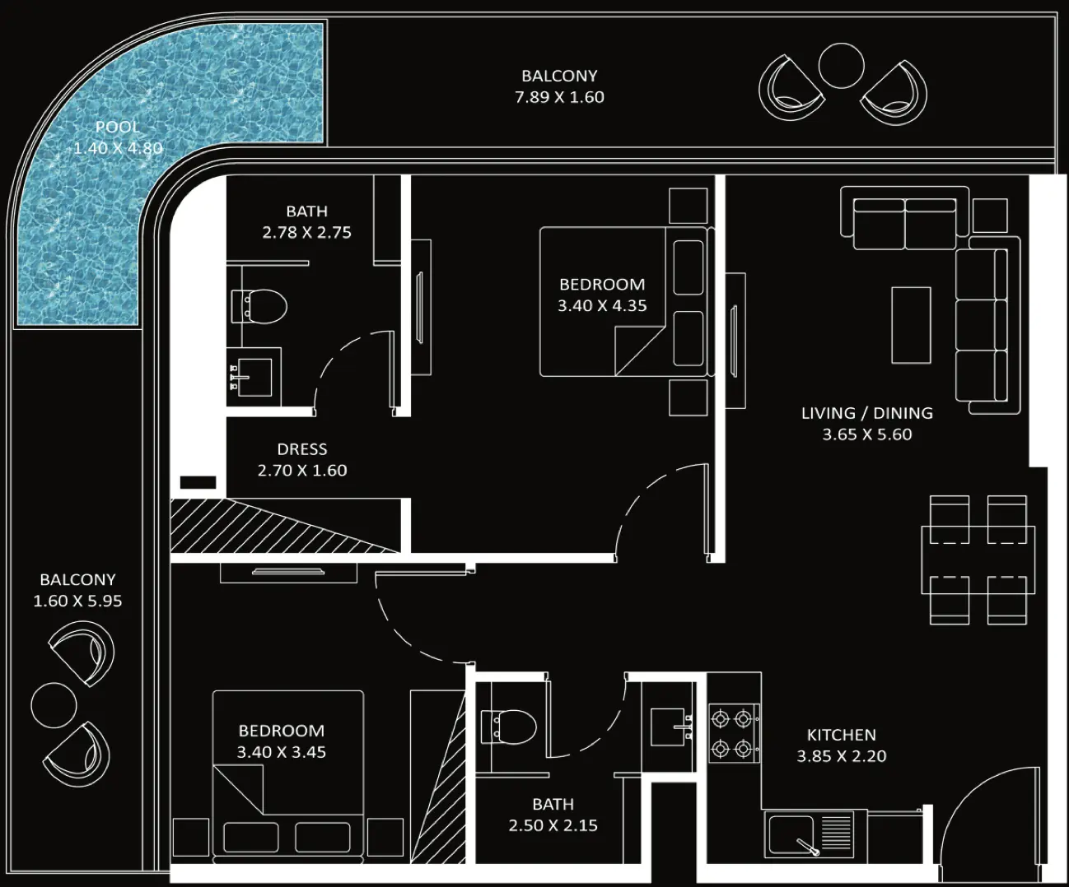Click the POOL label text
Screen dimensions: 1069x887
click(x=118, y=127)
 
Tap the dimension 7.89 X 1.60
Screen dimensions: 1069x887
click(x=559, y=97)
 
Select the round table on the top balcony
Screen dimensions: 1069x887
click(x=841, y=66)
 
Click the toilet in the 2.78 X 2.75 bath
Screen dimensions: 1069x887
click(x=259, y=306)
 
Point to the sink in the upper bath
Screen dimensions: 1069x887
click(x=254, y=377)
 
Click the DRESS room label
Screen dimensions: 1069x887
click(x=302, y=449)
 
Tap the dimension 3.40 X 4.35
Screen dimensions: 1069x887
click(x=602, y=306)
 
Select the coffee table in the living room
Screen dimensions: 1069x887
click(x=912, y=325)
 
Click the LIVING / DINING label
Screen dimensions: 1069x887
click(x=867, y=413)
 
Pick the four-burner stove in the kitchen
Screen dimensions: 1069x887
click(x=734, y=733)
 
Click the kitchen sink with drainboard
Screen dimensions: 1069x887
click(x=809, y=834)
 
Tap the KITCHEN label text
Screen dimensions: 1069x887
click(x=842, y=735)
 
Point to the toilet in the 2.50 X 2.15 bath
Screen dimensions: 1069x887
click(x=509, y=727)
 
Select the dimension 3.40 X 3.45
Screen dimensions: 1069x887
click(x=282, y=752)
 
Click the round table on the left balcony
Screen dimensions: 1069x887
click(x=54, y=705)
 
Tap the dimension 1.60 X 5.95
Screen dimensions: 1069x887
click(x=77, y=601)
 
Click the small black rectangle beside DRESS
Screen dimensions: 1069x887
click(x=198, y=482)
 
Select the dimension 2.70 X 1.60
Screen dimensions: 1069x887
click(x=302, y=471)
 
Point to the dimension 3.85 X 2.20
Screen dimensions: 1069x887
click(x=842, y=756)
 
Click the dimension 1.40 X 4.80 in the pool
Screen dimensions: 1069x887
click(x=119, y=148)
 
